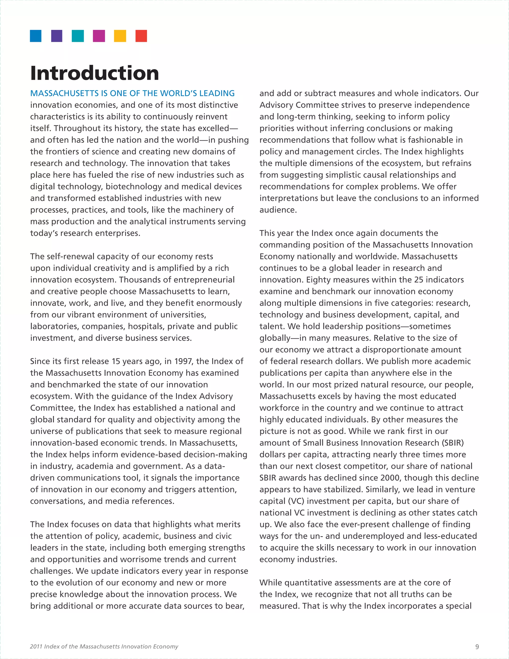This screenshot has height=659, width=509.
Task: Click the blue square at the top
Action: (36, 36)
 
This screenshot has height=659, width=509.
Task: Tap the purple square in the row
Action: (57, 36)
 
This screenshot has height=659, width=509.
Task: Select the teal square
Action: (78, 36)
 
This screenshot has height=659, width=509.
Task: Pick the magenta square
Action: (99, 36)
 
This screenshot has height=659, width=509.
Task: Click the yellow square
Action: (120, 36)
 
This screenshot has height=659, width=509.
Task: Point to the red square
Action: (141, 36)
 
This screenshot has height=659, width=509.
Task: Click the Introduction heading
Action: (94, 73)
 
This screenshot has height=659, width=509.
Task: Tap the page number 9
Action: (477, 646)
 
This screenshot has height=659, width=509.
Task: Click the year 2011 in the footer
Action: (36, 646)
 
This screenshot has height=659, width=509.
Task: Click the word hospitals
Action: (146, 326)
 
